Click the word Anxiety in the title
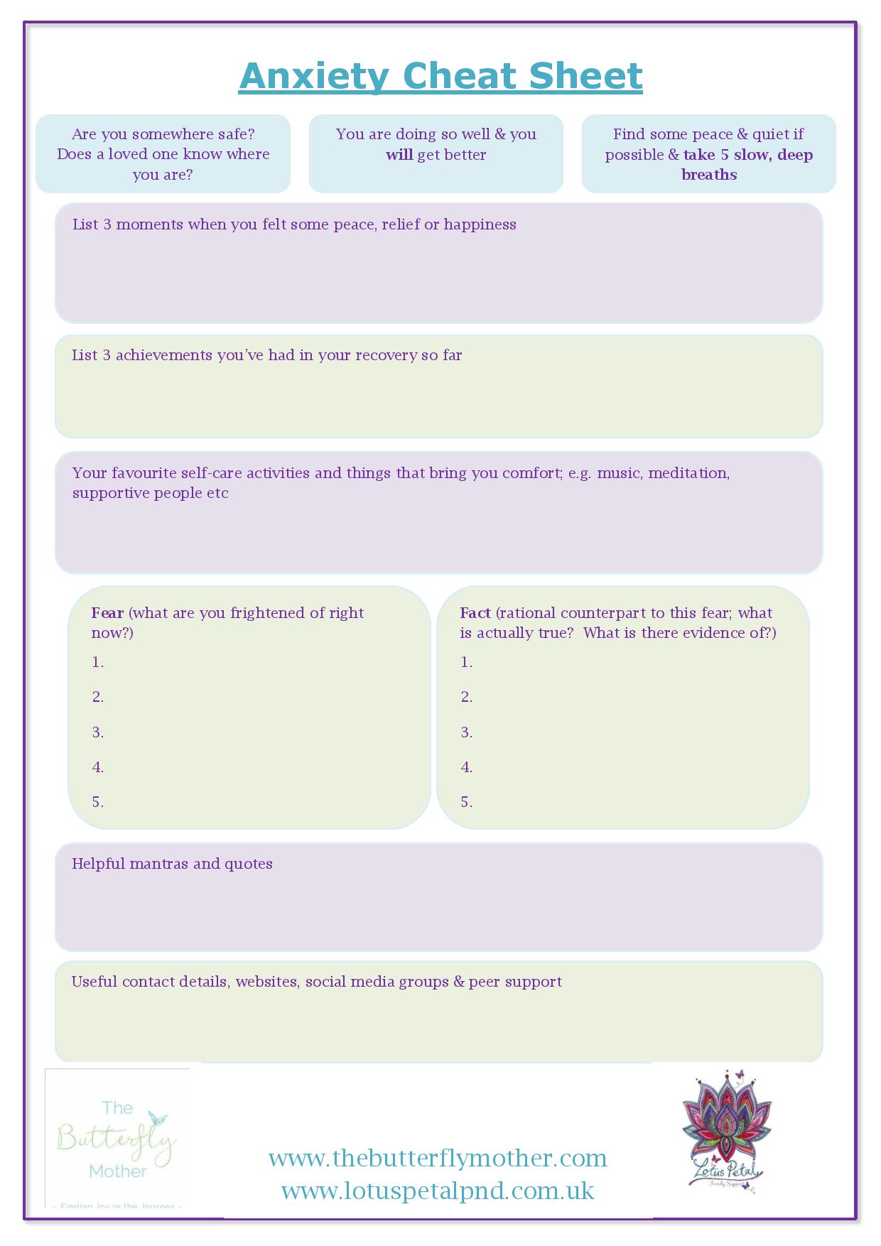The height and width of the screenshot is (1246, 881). point(314,77)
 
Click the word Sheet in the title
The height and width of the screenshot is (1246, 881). point(585,77)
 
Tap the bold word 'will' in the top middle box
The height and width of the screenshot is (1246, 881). point(399,155)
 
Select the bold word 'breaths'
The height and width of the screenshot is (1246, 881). point(709,175)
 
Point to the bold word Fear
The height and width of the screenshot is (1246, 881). point(107,613)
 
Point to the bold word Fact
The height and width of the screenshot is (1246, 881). point(475,613)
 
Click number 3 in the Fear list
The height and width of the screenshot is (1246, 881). point(98,732)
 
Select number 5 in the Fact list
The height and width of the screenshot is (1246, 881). point(466,802)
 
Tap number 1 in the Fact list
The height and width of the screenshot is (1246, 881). point(466,662)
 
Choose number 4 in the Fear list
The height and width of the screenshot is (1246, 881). point(98,767)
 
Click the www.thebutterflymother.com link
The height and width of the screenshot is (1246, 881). point(438,1159)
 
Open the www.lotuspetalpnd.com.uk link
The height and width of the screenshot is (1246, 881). point(438,1191)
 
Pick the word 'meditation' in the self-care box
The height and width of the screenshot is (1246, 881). point(688,473)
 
